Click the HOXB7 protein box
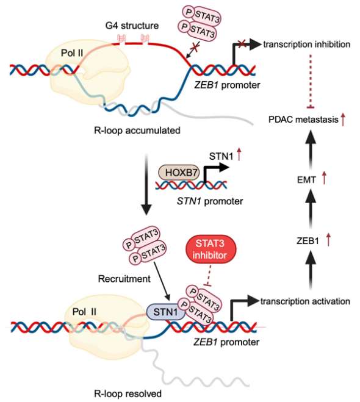pyautogui.click(x=179, y=172)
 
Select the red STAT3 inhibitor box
pyautogui.click(x=211, y=249)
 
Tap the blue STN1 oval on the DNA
pyautogui.click(x=165, y=312)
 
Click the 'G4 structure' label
pyautogui.click(x=132, y=26)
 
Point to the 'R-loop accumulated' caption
pyautogui.click(x=137, y=131)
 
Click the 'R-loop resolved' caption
pyautogui.click(x=128, y=393)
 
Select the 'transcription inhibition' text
pyautogui.click(x=307, y=45)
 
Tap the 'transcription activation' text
pyautogui.click(x=305, y=301)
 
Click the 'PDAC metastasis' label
pyautogui.click(x=303, y=120)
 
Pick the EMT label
pyautogui.click(x=306, y=180)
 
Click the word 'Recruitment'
pyautogui.click(x=124, y=279)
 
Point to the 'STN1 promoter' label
pyautogui.click(x=210, y=201)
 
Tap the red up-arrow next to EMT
pyautogui.click(x=324, y=178)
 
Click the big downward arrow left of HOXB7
pyautogui.click(x=146, y=184)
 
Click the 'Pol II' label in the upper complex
pyautogui.click(x=72, y=53)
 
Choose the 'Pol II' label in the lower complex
pyautogui.click(x=84, y=312)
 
